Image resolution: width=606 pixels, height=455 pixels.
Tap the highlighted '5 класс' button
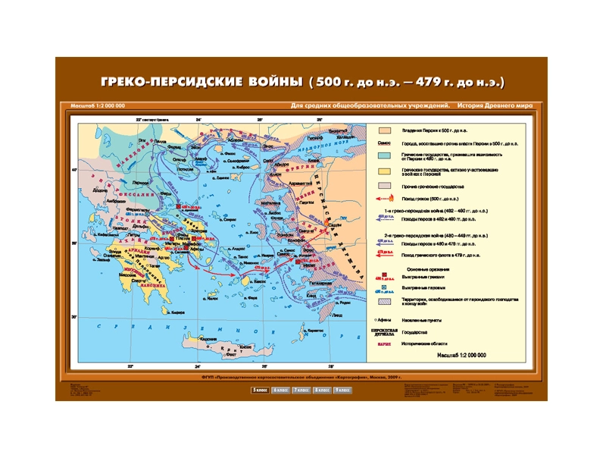(x=260, y=390)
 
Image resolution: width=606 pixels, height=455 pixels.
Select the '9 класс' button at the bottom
(x=342, y=390)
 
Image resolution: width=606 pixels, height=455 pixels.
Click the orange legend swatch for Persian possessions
(x=384, y=131)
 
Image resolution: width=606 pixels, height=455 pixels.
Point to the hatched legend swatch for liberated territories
(x=384, y=301)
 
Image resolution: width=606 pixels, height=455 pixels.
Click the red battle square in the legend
(x=384, y=278)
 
